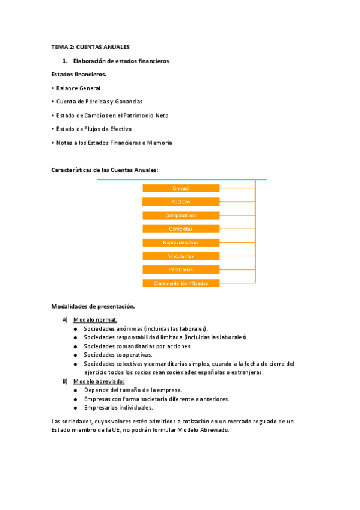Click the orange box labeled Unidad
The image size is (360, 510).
pyautogui.click(x=181, y=188)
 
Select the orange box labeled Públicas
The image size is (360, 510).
pyautogui.click(x=181, y=202)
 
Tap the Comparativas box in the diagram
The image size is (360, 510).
pyautogui.click(x=181, y=215)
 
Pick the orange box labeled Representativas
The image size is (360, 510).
pyautogui.click(x=181, y=242)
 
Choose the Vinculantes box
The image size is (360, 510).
pyautogui.click(x=181, y=256)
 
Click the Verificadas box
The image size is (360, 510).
pyautogui.click(x=181, y=269)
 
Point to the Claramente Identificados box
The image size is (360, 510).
pyautogui.click(x=181, y=283)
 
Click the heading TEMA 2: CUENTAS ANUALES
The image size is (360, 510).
pyautogui.click(x=91, y=47)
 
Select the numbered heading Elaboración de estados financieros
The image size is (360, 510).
pyautogui.click(x=121, y=61)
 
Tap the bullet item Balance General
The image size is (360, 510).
pyautogui.click(x=78, y=88)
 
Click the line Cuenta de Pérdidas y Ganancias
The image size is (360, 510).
pyautogui.click(x=99, y=102)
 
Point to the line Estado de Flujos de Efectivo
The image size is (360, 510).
pyautogui.click(x=94, y=129)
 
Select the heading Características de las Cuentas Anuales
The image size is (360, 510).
pyautogui.click(x=106, y=170)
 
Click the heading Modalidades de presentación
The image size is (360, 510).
pyautogui.click(x=94, y=306)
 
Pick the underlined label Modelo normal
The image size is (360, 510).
pyautogui.click(x=95, y=319)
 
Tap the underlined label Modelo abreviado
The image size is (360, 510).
pyautogui.click(x=99, y=381)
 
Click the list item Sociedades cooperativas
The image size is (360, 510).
pyautogui.click(x=118, y=355)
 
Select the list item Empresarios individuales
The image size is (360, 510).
pyautogui.click(x=118, y=408)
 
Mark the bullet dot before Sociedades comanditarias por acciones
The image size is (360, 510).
pyautogui.click(x=75, y=346)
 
